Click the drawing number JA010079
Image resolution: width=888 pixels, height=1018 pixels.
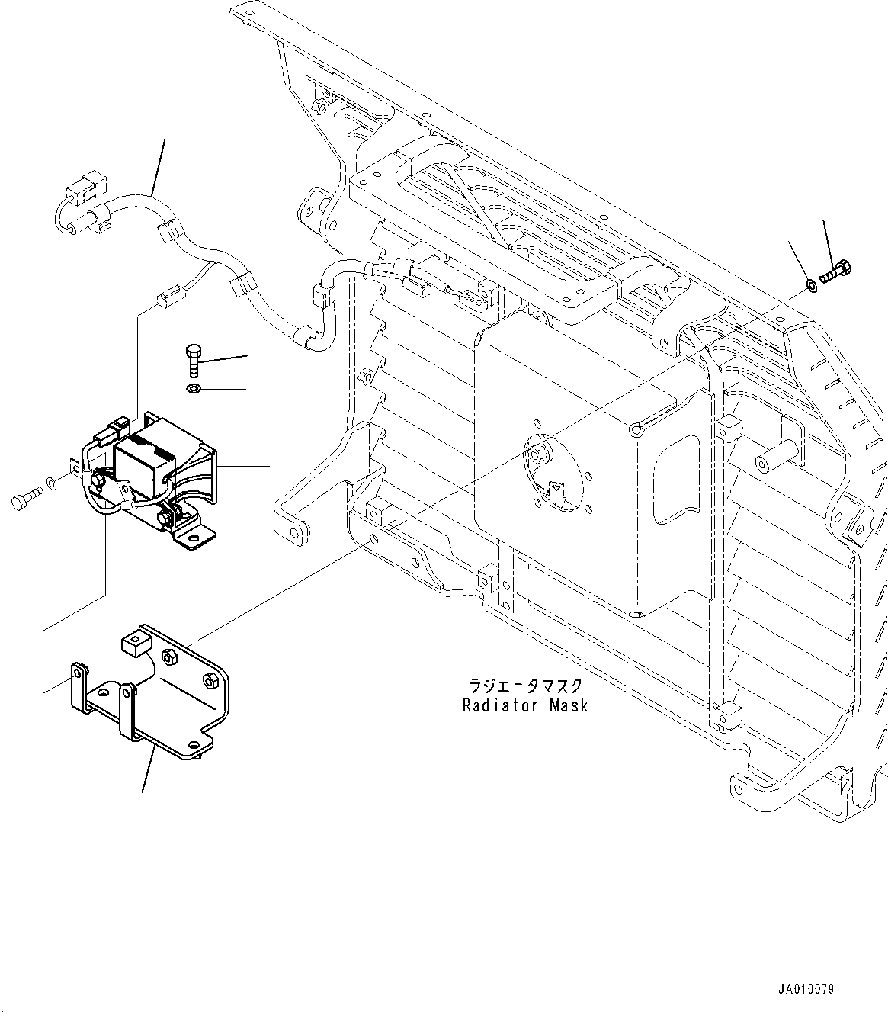(x=806, y=990)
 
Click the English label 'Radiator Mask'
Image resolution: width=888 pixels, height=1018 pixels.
(x=525, y=705)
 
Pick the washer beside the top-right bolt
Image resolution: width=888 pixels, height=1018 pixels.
(x=812, y=287)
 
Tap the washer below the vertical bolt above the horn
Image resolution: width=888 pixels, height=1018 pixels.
(x=193, y=390)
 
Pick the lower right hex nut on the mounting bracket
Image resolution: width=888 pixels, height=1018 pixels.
(x=210, y=678)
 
